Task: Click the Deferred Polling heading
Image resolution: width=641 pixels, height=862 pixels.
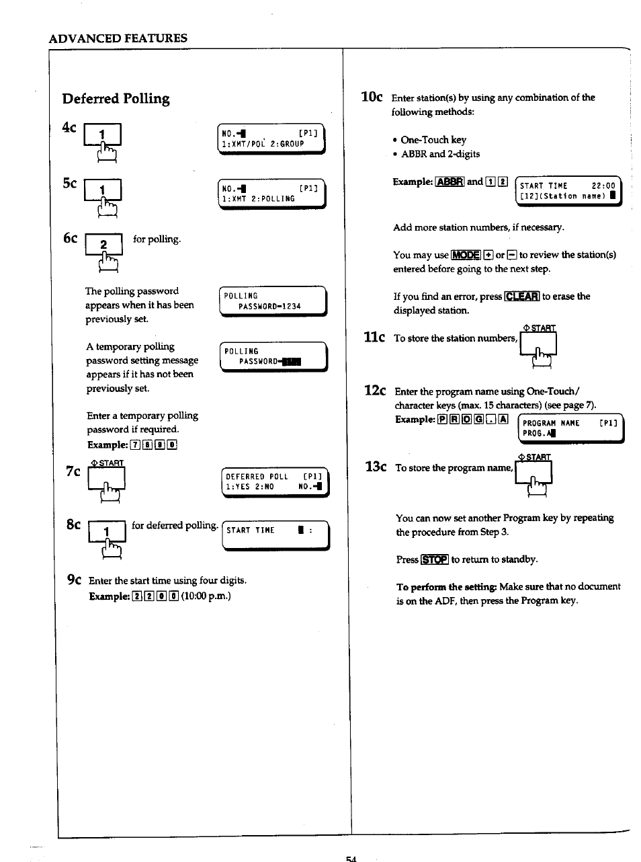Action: click(116, 99)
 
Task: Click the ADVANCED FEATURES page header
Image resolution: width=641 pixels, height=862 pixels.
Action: click(118, 38)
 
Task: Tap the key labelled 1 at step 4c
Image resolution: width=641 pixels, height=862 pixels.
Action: click(102, 136)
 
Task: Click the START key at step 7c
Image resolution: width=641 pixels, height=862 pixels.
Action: click(106, 479)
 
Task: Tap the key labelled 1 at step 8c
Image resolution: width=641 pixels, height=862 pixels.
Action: click(106, 533)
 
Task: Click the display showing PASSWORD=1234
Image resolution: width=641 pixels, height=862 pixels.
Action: click(273, 301)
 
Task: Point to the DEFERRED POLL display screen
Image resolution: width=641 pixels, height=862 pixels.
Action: click(275, 481)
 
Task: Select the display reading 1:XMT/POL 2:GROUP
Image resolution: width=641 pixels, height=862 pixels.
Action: click(271, 139)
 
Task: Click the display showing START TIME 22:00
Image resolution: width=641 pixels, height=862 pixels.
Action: click(568, 191)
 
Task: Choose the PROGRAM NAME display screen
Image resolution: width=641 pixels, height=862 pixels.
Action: click(571, 428)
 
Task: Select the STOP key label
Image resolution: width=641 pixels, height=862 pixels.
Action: click(434, 559)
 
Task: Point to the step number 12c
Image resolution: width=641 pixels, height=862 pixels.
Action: click(375, 391)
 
